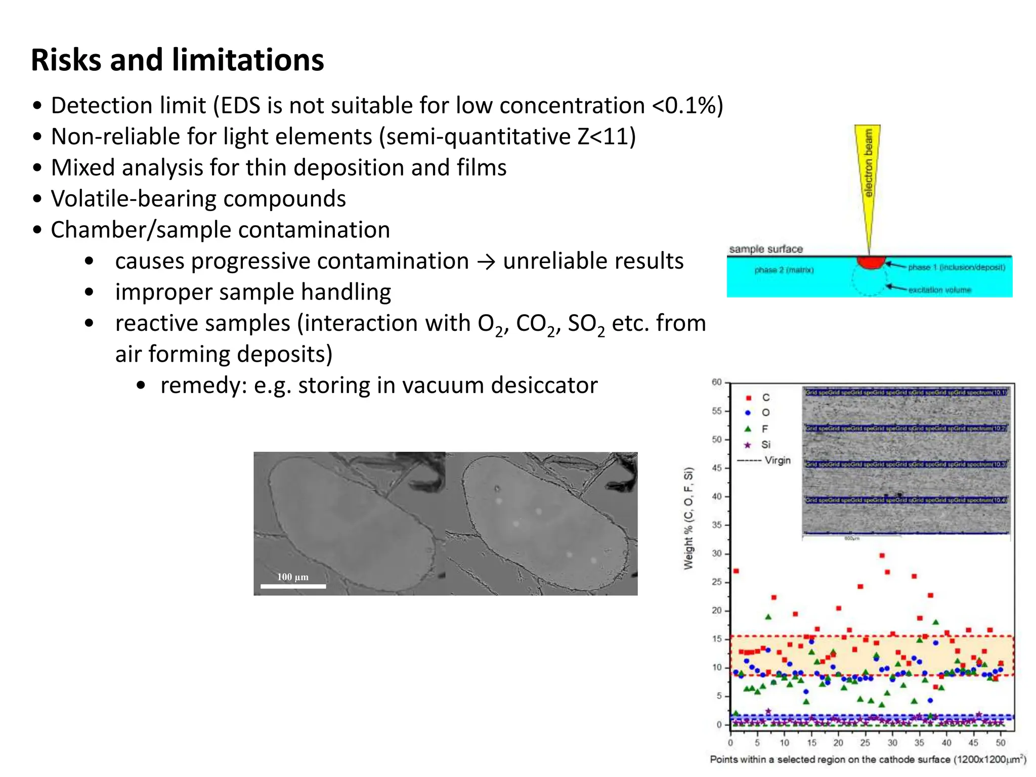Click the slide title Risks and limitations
click(177, 60)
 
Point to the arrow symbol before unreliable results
click(486, 262)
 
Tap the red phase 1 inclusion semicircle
click(871, 263)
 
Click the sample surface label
click(766, 249)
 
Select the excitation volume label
click(939, 290)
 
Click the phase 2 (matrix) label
click(784, 270)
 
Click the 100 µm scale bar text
click(292, 577)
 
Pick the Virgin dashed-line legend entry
click(764, 460)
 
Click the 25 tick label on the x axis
click(865, 743)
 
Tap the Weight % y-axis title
click(688, 519)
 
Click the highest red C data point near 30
click(882, 555)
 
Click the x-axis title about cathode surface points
click(868, 759)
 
